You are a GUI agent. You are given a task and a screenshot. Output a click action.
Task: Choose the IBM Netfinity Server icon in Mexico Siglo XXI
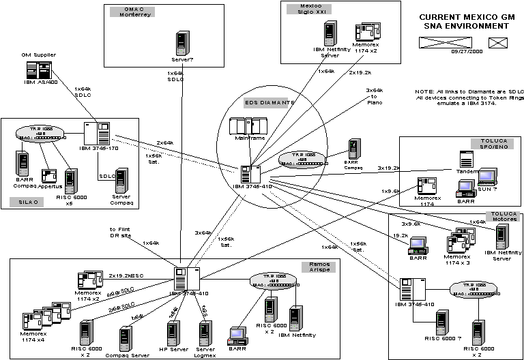(x=331, y=33)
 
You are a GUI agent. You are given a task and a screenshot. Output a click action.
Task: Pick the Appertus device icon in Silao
(x=49, y=176)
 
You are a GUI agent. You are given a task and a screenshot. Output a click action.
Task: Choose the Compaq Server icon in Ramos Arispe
(x=126, y=337)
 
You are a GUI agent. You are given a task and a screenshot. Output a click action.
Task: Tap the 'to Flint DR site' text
(x=121, y=232)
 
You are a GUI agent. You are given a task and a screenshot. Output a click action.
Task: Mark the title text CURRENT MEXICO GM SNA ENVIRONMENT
(x=464, y=21)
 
